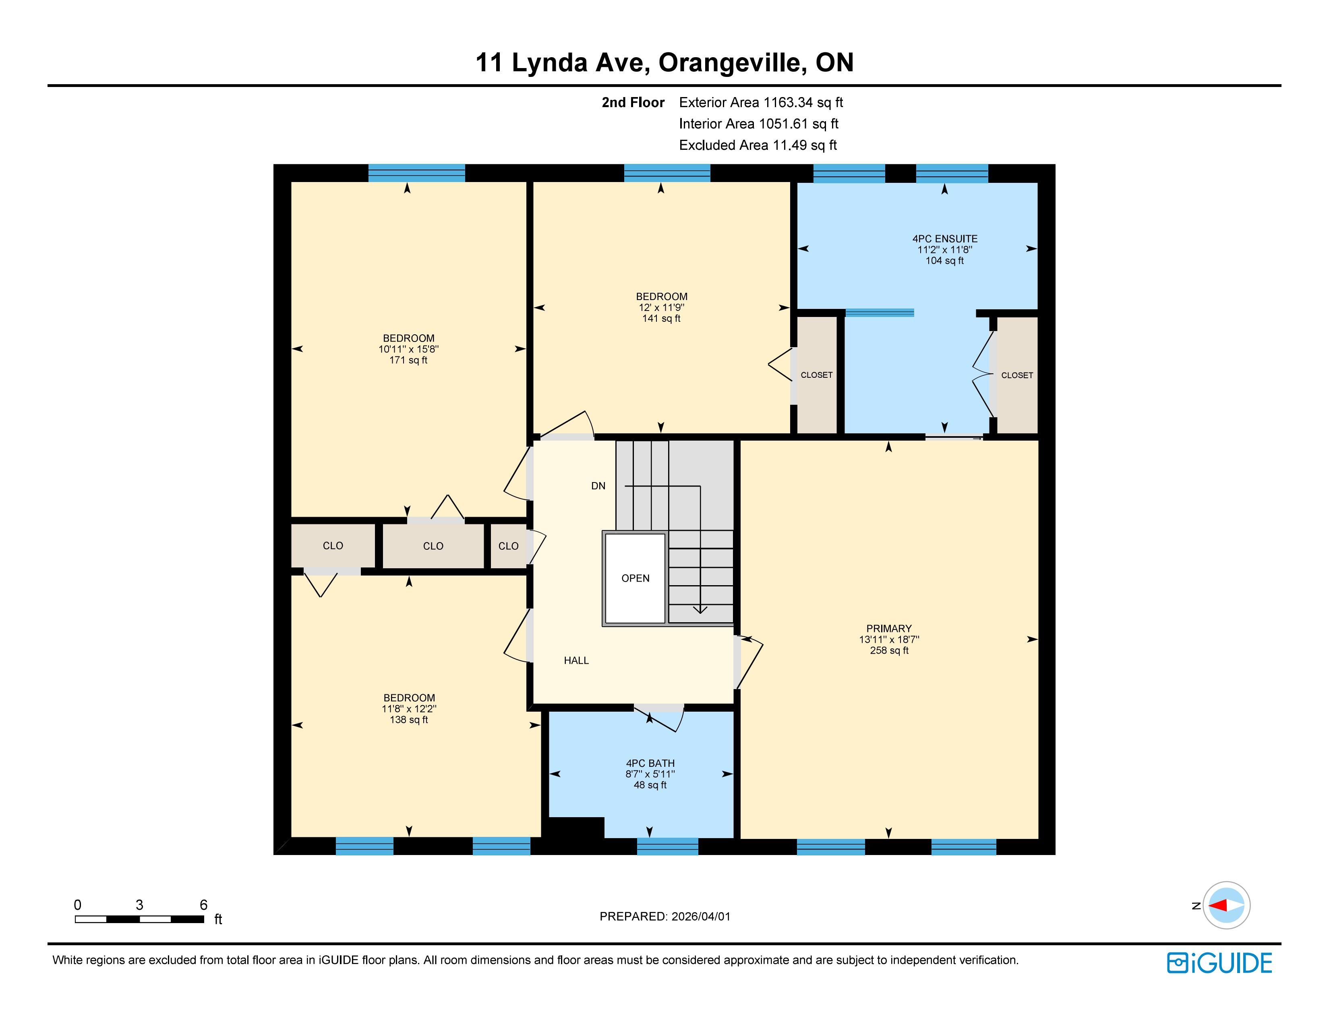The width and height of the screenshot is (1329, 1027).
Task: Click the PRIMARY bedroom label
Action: pos(889,629)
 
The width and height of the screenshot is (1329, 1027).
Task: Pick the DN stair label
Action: pos(598,486)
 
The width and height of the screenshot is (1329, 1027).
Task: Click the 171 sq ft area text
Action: pos(408,360)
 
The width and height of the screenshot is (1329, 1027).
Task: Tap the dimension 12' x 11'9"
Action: pos(661,308)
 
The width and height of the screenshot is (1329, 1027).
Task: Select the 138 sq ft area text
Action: pos(409,720)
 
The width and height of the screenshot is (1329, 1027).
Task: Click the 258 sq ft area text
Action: pos(889,650)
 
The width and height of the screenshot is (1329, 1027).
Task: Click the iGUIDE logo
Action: pos(1219,963)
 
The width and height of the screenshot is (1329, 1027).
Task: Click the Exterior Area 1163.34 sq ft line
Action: pos(761,102)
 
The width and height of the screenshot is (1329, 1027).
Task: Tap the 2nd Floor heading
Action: pos(633,102)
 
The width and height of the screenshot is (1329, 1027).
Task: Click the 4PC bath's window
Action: pos(668,846)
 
